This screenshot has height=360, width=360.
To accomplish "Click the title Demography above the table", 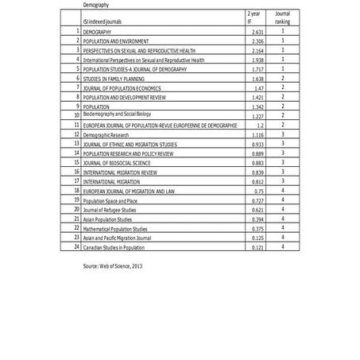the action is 95,6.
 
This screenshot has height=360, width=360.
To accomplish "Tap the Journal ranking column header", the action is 282,17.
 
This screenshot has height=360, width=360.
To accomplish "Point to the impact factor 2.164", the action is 253,50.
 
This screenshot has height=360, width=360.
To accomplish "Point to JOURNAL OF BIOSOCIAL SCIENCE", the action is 118,163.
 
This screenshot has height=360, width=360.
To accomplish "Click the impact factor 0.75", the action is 254,191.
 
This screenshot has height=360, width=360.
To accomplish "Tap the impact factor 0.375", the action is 253,228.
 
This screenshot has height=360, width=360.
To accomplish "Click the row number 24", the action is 76,246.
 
